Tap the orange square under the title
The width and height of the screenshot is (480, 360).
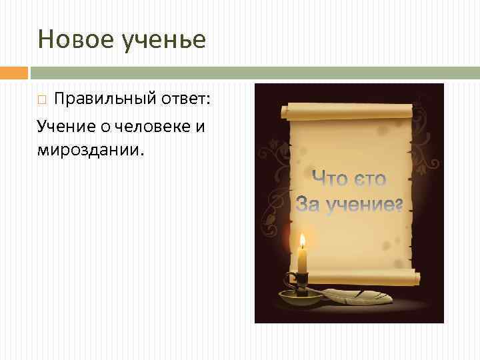click(x=13, y=72)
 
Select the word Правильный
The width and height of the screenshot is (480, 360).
click(x=105, y=99)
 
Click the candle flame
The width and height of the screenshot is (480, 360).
click(x=302, y=241)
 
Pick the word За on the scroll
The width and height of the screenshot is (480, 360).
click(x=308, y=203)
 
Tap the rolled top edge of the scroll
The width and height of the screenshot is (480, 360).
click(x=349, y=111)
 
